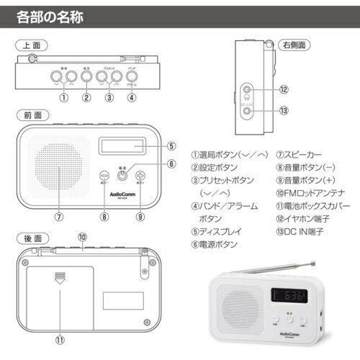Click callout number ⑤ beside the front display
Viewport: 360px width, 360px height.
(x=171, y=145)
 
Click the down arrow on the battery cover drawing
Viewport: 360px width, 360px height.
(x=59, y=278)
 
